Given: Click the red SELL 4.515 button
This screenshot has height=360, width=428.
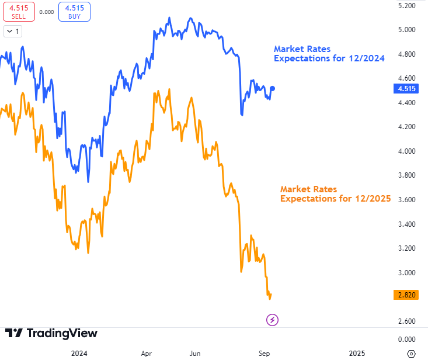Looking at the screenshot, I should tap(19, 12).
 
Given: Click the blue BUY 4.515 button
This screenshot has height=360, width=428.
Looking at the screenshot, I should tap(74, 12).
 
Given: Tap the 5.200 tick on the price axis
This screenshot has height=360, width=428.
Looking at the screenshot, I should tap(406, 5).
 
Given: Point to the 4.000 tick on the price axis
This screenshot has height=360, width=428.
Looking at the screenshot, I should tap(406, 151).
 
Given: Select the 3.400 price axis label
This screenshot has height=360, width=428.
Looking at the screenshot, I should tap(406, 224).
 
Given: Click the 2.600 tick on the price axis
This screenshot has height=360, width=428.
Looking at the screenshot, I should tap(406, 321).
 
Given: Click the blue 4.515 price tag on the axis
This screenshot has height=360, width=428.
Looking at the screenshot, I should tap(406, 89).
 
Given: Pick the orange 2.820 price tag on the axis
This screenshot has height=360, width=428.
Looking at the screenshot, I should tap(406, 295).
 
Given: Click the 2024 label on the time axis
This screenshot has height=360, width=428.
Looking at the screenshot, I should tap(79, 353).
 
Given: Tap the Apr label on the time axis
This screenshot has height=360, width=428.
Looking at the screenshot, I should tap(147, 353).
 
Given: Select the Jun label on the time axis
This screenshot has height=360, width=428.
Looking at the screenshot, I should tap(196, 353).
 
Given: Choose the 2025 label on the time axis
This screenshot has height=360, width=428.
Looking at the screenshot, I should tap(357, 353).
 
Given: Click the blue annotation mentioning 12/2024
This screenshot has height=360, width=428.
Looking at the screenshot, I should tap(329, 54).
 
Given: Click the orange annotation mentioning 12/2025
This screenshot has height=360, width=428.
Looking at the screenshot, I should tap(335, 193).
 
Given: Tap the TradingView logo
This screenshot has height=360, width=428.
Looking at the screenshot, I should tap(51, 333).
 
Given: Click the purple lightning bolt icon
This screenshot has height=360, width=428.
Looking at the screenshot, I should tap(273, 320).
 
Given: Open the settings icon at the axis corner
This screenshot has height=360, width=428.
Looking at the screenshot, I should tap(411, 353).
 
